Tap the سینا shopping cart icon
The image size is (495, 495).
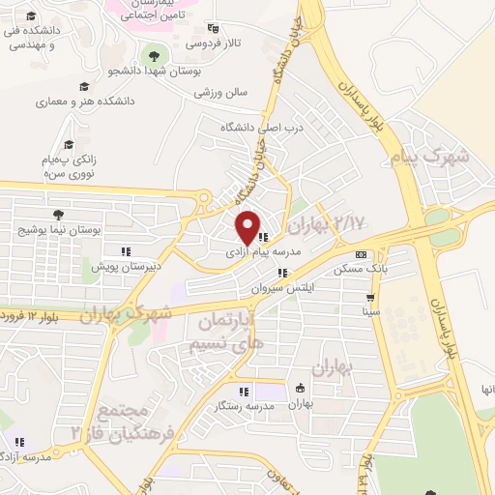[370, 298]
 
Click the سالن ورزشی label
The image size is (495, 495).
[220, 93]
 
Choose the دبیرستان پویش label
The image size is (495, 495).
[124, 264]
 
